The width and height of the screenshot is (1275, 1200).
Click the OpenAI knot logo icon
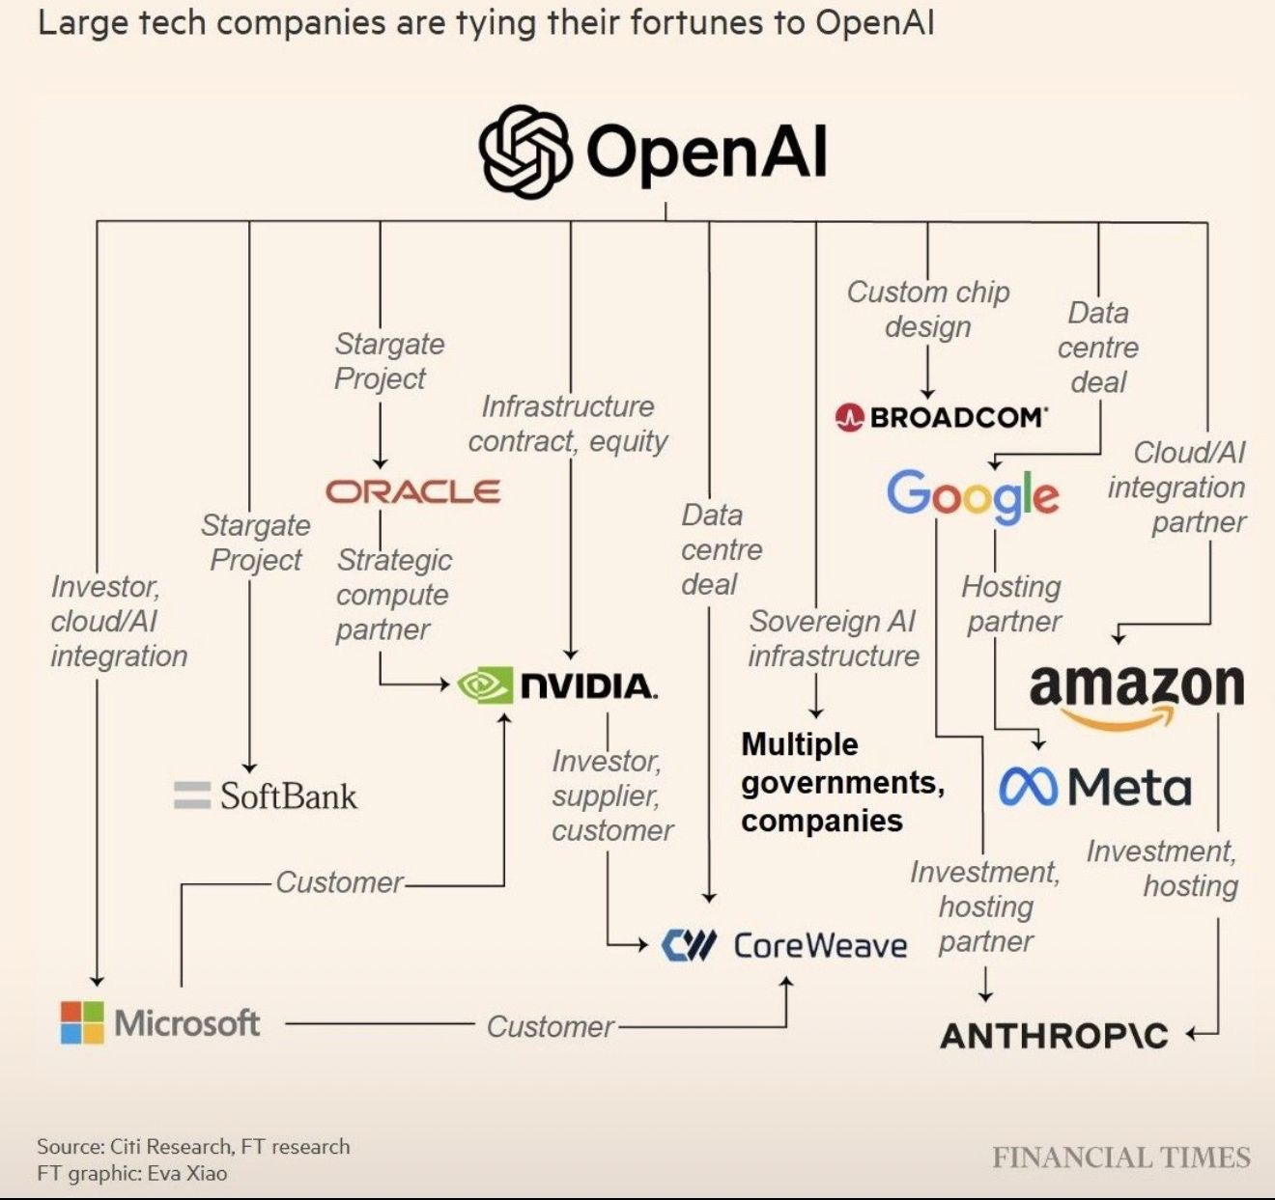[x=525, y=152]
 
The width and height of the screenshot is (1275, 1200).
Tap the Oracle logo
[x=413, y=491]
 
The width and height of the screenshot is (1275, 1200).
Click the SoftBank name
[x=288, y=796]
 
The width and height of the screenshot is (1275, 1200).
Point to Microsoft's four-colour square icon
[x=82, y=1022]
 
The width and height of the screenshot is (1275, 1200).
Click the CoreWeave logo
[x=784, y=945]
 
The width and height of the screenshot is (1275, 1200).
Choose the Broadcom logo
[x=941, y=417]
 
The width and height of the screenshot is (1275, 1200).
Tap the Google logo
[x=973, y=494]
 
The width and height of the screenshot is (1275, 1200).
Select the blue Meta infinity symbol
[x=1029, y=787]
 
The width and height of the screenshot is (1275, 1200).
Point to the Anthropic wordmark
[x=1054, y=1036]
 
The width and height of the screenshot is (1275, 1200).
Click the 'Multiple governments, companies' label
[x=841, y=782]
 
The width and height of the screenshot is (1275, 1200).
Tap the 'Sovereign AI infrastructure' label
[x=833, y=638]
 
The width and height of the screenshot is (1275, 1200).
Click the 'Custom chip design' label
[x=928, y=309]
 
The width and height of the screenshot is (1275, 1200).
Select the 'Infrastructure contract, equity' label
[x=568, y=423]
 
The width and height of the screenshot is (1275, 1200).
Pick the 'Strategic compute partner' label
[x=393, y=594]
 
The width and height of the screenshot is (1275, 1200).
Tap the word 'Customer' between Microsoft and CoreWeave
[x=550, y=1026]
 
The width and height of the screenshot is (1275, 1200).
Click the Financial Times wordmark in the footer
[x=1120, y=1158]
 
